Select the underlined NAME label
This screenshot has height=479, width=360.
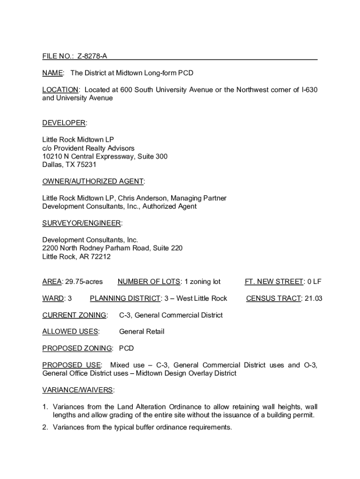[x=52, y=73]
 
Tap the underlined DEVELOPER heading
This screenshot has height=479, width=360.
[x=64, y=123]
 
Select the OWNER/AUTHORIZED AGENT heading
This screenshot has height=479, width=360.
[x=93, y=181]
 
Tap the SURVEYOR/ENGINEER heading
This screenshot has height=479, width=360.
[x=82, y=224]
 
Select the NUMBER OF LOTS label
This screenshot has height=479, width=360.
[x=149, y=282]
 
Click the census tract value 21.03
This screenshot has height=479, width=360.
[x=313, y=298]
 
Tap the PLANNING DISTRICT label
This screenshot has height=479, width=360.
[x=124, y=298]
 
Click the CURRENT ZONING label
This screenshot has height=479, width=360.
[x=74, y=315]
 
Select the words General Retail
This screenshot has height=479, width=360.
[x=142, y=332]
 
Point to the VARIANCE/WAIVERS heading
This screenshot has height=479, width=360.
[x=78, y=390]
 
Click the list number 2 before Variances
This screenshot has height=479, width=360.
[x=45, y=427]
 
